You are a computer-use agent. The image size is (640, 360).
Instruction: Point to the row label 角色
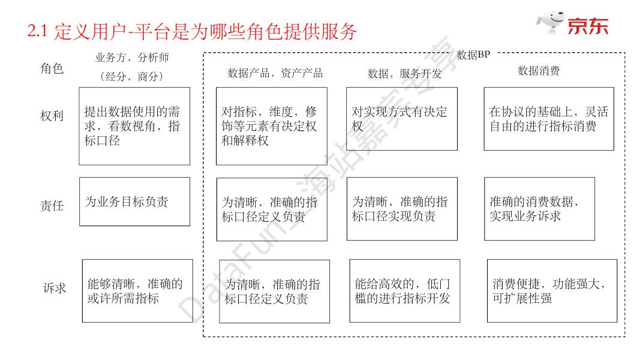[52, 69]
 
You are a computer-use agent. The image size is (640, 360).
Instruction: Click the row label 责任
[52, 206]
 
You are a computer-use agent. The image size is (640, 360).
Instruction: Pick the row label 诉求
[54, 288]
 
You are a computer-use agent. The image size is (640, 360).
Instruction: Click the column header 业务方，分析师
[132, 58]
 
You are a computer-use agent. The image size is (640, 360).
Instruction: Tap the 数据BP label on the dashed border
[473, 55]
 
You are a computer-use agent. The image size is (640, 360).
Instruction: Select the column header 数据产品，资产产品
[275, 73]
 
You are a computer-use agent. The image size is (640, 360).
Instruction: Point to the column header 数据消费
[538, 71]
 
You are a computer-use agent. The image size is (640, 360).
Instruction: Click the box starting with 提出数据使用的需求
[134, 126]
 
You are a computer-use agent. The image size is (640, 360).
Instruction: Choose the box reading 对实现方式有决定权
[401, 119]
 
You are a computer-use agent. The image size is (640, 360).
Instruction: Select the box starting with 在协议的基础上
[548, 119]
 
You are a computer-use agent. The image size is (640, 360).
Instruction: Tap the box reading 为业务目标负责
[134, 202]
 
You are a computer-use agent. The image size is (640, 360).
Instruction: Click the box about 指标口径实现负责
[401, 209]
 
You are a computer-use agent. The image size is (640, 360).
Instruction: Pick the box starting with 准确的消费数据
[539, 209]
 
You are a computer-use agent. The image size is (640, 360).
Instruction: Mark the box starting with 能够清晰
[137, 291]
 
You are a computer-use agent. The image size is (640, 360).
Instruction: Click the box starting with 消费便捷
[551, 291]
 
